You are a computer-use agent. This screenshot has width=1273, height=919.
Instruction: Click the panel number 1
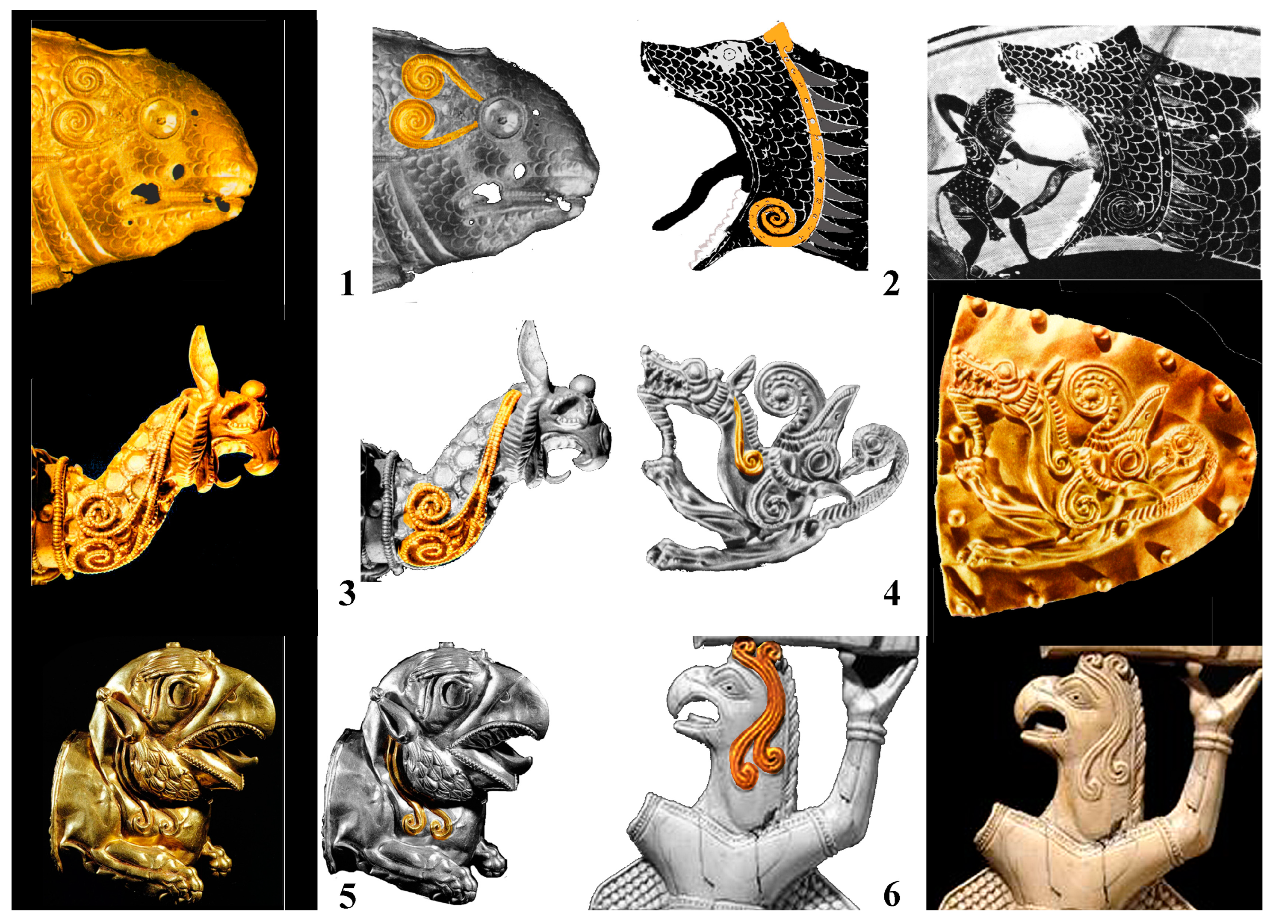[x=348, y=284]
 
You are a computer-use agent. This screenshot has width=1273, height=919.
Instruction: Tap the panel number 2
[x=891, y=284]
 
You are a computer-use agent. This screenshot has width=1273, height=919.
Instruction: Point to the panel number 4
[x=891, y=594]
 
